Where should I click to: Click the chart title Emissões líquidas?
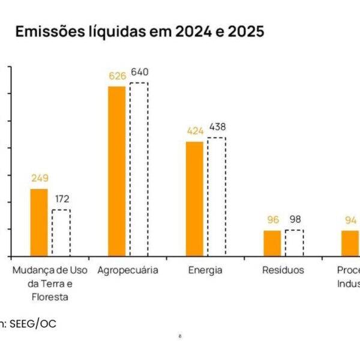pyautogui.click(x=139, y=32)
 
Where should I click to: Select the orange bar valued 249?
pyautogui.click(x=39, y=223)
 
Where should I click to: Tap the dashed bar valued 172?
pyautogui.click(x=61, y=233)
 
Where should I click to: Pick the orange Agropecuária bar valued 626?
pyautogui.click(x=117, y=171)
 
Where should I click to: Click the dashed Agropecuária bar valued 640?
pyautogui.click(x=139, y=169)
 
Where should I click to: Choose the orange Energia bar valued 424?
pyautogui.click(x=194, y=199)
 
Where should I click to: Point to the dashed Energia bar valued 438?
pyautogui.click(x=217, y=197)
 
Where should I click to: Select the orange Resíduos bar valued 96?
pyautogui.click(x=272, y=243)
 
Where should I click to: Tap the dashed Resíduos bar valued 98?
pyautogui.click(x=294, y=243)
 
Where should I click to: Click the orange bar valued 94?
pyautogui.click(x=350, y=243)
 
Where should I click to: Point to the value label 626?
pyautogui.click(x=116, y=76)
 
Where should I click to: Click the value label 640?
pyautogui.click(x=139, y=72)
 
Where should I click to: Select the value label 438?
pyautogui.click(x=217, y=127)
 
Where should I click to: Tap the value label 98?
pyautogui.click(x=294, y=219)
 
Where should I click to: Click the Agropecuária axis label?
pyautogui.click(x=128, y=270)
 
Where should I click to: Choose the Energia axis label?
pyautogui.click(x=205, y=270)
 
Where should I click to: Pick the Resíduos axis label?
pyautogui.click(x=283, y=270)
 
